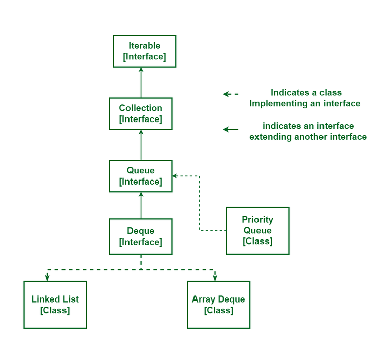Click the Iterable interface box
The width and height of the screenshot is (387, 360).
145,51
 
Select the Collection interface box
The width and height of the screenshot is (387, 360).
141,113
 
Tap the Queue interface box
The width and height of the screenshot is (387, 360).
141,176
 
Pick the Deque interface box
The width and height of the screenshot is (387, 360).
141,236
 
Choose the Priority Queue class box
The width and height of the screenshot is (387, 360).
257,230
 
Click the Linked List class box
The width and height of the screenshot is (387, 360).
55,305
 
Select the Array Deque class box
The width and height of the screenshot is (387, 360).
218,305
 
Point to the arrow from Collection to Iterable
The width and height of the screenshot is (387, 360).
141,83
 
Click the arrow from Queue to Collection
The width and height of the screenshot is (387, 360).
141,145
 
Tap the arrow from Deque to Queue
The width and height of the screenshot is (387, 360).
141,205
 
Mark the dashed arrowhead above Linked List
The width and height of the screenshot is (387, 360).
47,278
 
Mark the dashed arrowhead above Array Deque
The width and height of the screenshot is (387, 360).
215,278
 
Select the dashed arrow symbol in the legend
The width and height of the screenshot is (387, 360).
230,94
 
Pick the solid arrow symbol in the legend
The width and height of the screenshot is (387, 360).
231,129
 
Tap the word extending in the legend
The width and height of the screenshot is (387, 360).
271,137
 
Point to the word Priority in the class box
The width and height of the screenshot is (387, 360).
257,220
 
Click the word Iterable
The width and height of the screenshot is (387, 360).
145,46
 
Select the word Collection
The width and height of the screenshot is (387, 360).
141,108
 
